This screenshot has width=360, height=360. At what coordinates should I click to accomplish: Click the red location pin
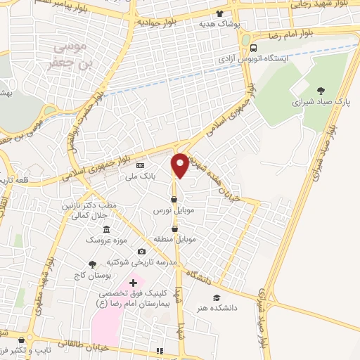180,165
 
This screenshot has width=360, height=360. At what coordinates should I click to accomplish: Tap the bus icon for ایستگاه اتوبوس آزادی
253,48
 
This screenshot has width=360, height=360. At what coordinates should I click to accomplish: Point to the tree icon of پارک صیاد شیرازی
321,91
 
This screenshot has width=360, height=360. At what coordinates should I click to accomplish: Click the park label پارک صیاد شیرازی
321,103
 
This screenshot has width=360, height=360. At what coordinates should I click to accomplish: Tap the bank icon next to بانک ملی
139,166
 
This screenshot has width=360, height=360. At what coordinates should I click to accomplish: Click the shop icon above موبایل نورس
174,198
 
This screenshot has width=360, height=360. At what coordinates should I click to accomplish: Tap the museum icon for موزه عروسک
106,230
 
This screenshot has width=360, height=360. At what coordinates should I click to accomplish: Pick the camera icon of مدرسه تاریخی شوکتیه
141,252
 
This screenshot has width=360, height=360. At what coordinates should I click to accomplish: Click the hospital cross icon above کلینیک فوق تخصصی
134,283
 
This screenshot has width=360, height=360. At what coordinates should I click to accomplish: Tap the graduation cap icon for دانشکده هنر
217,297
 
